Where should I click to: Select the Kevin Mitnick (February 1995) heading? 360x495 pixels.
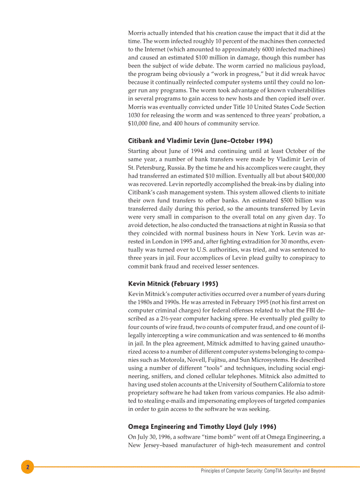click(173, 283)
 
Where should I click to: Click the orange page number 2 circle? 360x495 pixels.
click(27, 467)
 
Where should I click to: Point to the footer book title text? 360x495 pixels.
click(263, 471)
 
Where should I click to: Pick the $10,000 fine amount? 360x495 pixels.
click(139, 123)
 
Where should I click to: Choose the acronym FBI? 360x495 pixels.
click(307, 310)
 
